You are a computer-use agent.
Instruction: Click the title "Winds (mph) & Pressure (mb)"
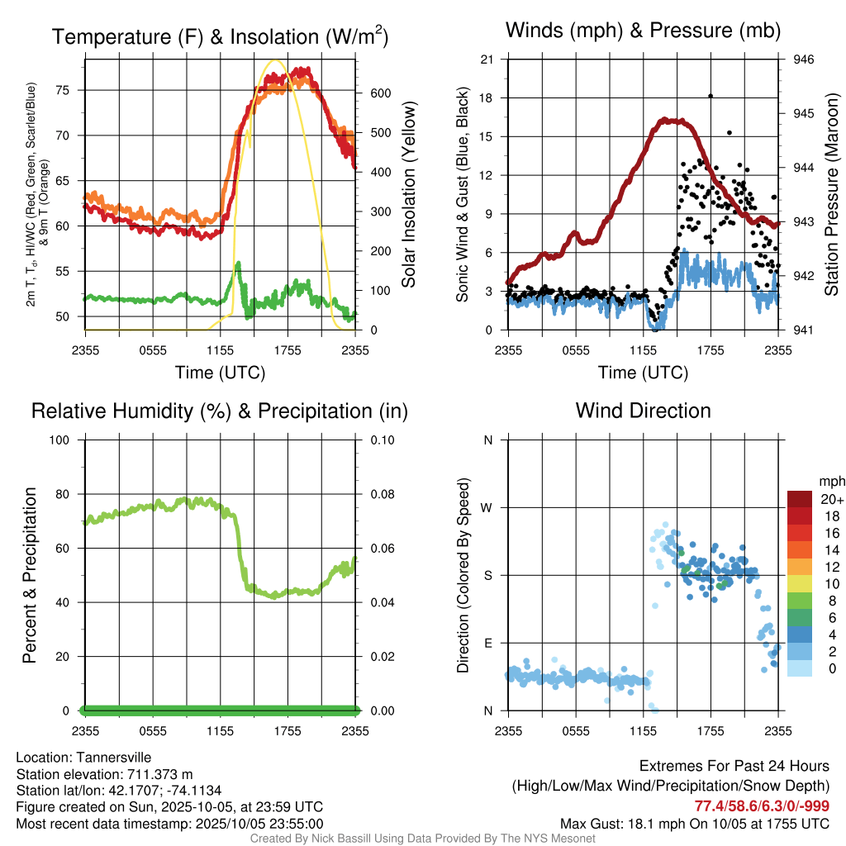tap(643, 31)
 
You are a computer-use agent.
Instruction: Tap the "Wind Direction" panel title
tap(643, 411)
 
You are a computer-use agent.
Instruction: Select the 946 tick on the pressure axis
tap(804, 59)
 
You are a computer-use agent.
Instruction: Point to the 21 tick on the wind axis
tap(487, 59)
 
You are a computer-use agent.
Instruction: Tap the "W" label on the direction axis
tap(487, 507)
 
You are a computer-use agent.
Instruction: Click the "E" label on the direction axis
tap(488, 643)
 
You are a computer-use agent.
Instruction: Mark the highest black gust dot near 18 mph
tap(711, 96)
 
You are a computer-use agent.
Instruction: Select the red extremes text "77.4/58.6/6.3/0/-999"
tap(762, 806)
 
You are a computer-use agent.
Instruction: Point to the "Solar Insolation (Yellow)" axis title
tap(409, 194)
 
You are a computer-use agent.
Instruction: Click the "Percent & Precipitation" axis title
tap(30, 575)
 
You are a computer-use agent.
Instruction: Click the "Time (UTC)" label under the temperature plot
tap(221, 373)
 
